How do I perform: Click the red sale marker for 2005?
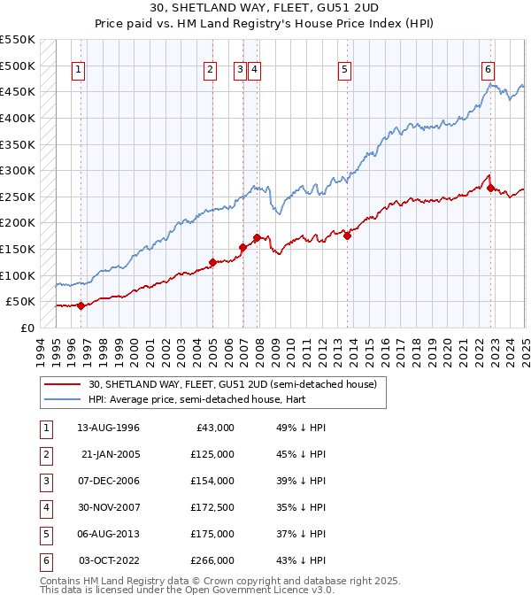tap(213, 262)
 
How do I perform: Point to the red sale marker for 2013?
tap(347, 235)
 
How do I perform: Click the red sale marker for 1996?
tap(81, 305)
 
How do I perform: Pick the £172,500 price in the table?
tap(213, 508)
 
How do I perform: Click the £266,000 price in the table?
tap(213, 561)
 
